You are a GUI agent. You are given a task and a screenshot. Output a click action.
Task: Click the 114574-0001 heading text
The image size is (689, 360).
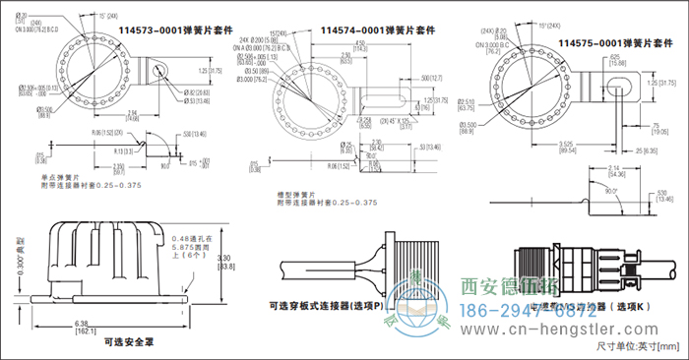[378, 30]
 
